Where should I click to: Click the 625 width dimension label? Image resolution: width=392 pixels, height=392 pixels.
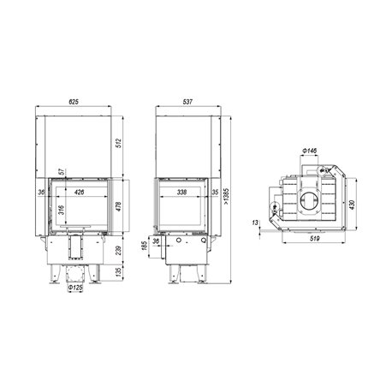[x=74, y=102]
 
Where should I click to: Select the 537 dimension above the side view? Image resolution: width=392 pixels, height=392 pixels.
[x=187, y=102]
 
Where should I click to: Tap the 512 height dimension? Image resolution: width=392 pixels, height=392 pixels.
[x=119, y=143]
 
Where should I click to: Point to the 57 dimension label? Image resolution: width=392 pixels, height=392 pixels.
[x=61, y=172]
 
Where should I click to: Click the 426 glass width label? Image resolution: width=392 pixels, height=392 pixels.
[x=79, y=192]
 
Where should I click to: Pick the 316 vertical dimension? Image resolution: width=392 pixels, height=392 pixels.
[x=62, y=210]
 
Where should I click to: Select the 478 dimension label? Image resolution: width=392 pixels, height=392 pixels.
[x=119, y=206]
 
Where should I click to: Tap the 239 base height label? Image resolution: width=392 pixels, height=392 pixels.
[x=119, y=250]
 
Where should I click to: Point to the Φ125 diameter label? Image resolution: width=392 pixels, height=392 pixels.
[x=75, y=288]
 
